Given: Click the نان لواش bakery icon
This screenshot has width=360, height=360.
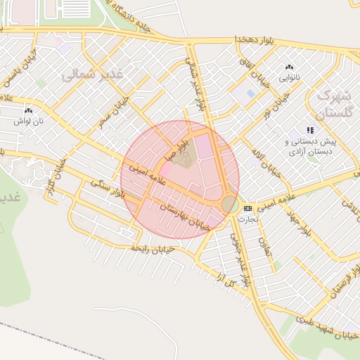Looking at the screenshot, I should (28, 110).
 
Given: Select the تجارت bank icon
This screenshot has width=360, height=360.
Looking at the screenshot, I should (247, 209).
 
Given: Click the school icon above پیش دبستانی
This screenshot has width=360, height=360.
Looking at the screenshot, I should (310, 130).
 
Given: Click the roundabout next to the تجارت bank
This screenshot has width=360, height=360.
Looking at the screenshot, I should (229, 204).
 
